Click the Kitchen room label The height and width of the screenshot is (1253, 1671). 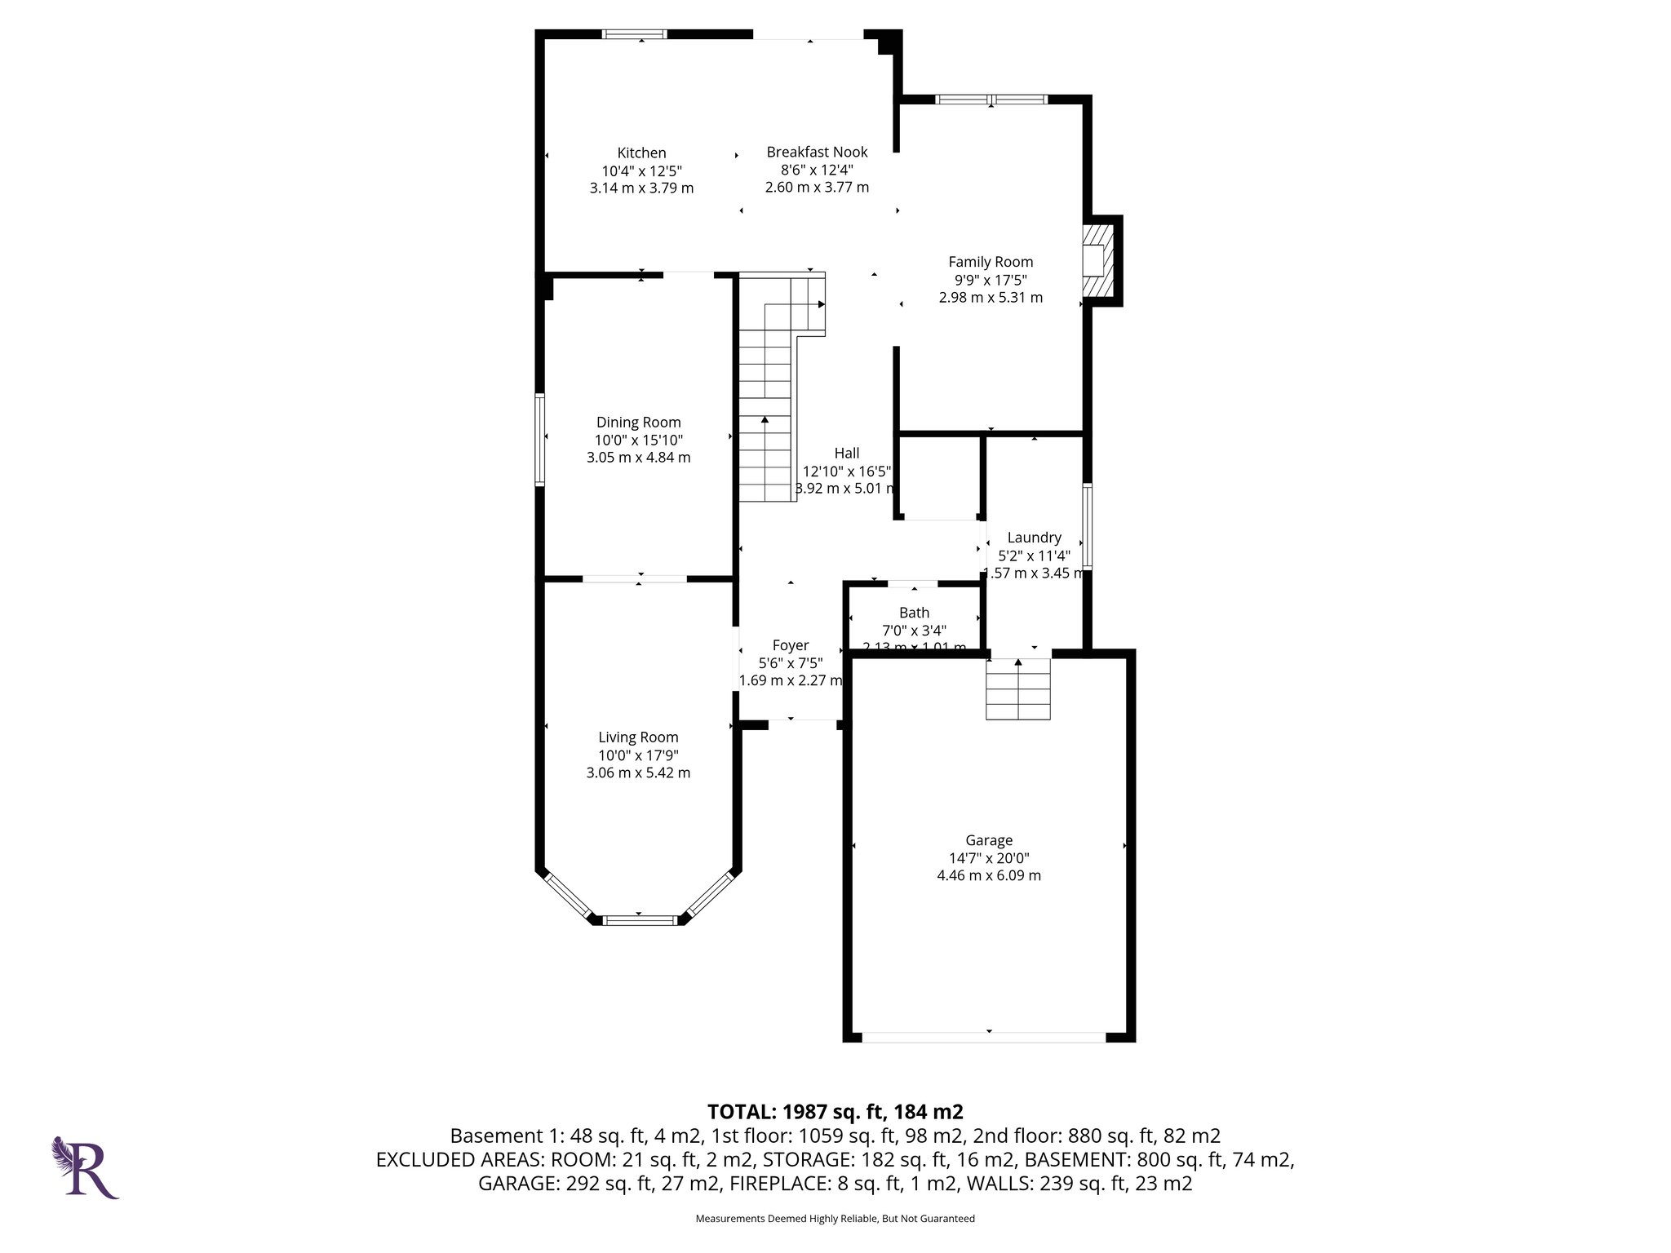click(641, 153)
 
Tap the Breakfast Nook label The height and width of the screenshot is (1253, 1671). click(817, 152)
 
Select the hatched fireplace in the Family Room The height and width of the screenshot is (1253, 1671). click(1098, 260)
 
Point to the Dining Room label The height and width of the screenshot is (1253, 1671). click(638, 422)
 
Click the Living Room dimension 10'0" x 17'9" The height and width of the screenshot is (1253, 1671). click(638, 755)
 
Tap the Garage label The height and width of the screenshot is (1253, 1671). click(989, 840)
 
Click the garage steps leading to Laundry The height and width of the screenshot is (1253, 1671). click(1017, 689)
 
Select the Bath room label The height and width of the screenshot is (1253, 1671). click(914, 613)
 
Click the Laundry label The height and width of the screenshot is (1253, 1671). click(1034, 538)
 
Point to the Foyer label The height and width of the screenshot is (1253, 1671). click(790, 645)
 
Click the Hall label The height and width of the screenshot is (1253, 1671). click(847, 454)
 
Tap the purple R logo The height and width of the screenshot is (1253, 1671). click(86, 1167)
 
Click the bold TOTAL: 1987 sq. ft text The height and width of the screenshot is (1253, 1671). click(835, 1111)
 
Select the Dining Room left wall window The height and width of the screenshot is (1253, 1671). click(539, 440)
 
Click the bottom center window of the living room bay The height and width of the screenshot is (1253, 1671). click(640, 920)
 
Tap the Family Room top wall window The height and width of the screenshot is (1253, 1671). click(991, 100)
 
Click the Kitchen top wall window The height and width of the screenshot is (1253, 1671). click(635, 34)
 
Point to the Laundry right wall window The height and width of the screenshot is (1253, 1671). click(1087, 526)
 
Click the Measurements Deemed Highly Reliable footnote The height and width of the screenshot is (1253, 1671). click(835, 1219)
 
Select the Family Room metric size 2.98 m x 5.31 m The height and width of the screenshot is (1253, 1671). click(991, 298)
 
